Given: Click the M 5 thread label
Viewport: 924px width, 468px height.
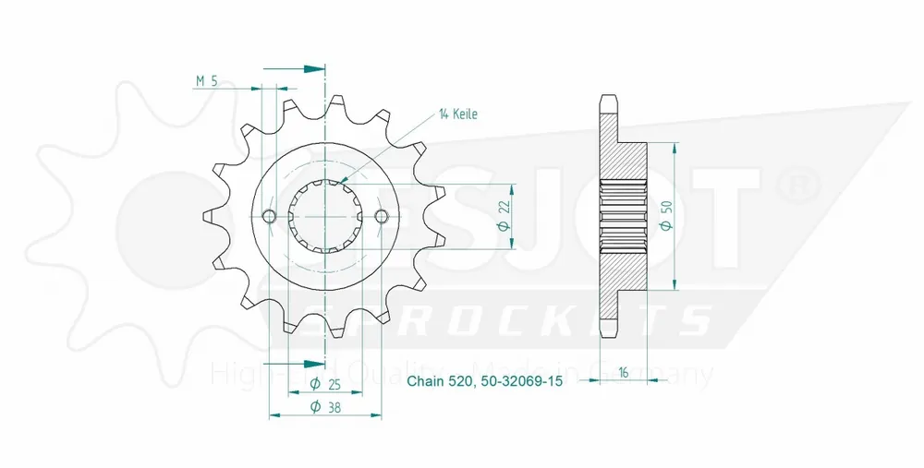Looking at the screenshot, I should [x=206, y=81].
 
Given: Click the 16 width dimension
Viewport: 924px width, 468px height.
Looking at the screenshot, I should [x=625, y=373].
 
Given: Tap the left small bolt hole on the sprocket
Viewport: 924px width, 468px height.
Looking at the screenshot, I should [x=269, y=216].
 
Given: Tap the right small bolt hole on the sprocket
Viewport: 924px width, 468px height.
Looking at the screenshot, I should [x=383, y=216].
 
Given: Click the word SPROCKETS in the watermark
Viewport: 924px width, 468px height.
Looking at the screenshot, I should [x=507, y=319].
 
